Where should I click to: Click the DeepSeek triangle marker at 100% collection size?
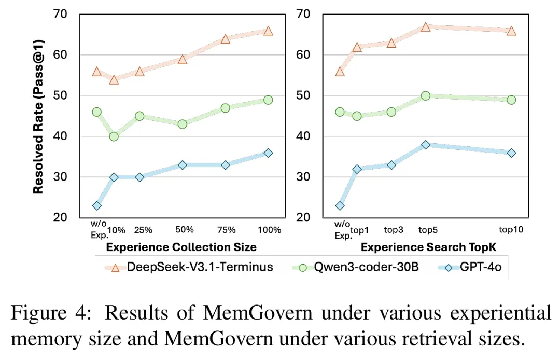(x=268, y=31)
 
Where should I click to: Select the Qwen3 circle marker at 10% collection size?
(x=114, y=136)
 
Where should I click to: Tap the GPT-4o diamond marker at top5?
(x=426, y=145)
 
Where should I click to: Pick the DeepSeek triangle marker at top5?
(x=426, y=26)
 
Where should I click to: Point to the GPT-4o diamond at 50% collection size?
(x=183, y=165)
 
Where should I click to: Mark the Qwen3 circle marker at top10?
(x=511, y=100)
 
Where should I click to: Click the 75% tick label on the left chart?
(x=225, y=229)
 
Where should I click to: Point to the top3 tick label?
(x=393, y=229)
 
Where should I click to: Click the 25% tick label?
(x=143, y=229)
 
